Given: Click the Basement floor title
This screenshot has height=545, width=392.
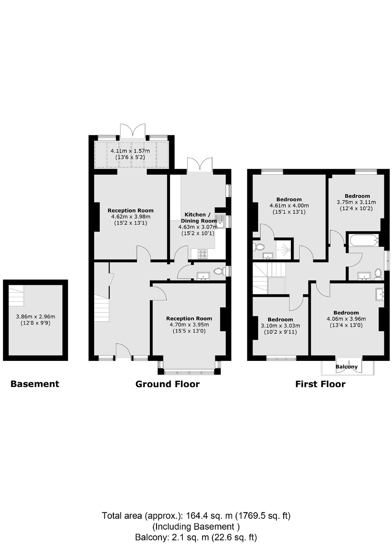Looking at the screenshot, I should (35, 384).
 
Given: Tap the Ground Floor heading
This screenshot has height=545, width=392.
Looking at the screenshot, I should (167, 384).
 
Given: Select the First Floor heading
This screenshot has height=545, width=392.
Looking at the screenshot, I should (320, 384).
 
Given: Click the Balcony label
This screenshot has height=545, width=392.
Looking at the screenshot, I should (346, 367).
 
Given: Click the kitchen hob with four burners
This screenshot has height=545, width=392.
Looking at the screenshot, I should (203, 254).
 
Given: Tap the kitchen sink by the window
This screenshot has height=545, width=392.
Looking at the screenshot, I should (220, 221).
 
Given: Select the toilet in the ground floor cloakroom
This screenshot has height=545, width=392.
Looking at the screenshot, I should (219, 271).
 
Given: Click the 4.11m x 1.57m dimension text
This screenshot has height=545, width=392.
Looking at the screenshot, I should (130, 151).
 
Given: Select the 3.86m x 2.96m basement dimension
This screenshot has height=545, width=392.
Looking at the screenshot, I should (35, 316).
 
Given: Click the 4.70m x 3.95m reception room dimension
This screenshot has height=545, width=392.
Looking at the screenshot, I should (189, 325).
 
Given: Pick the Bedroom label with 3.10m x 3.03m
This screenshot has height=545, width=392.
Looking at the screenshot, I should (280, 319).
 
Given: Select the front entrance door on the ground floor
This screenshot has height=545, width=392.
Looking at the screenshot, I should (123, 351).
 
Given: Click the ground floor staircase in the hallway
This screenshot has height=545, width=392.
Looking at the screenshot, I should (102, 309).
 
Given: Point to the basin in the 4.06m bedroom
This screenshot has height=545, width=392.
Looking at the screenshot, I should (380, 294).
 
